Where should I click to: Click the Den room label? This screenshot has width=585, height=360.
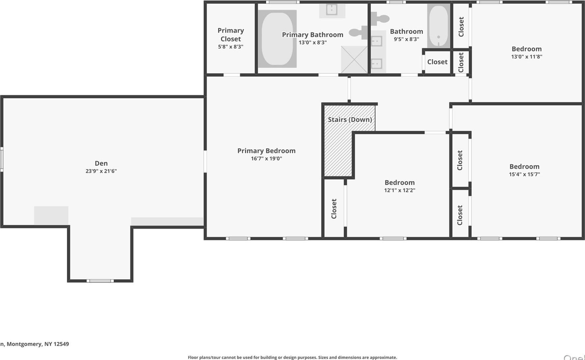pyautogui.click(x=101, y=163)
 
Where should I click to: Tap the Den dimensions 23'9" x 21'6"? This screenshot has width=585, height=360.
pyautogui.click(x=101, y=171)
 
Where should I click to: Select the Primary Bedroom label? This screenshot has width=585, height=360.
pyautogui.click(x=266, y=151)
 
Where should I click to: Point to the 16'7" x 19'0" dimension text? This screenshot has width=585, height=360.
pyautogui.click(x=266, y=158)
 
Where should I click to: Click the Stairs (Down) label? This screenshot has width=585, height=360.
pyautogui.click(x=349, y=120)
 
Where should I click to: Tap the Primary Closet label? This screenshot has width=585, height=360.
pyautogui.click(x=231, y=35)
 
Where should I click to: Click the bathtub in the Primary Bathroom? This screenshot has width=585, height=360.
pyautogui.click(x=277, y=39)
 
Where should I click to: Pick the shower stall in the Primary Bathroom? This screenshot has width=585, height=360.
pyautogui.click(x=354, y=60)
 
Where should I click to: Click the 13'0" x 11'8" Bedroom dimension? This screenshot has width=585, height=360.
pyautogui.click(x=526, y=57)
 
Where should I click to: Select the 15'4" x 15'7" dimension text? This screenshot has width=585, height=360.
pyautogui.click(x=524, y=174)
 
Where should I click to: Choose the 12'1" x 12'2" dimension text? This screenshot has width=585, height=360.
pyautogui.click(x=399, y=190)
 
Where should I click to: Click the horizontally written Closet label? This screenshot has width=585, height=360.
pyautogui.click(x=437, y=62)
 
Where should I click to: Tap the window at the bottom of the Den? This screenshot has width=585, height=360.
pyautogui.click(x=100, y=281)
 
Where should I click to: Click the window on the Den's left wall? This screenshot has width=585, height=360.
pyautogui.click(x=2, y=160)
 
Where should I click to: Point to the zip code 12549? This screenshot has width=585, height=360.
pyautogui.click(x=61, y=344)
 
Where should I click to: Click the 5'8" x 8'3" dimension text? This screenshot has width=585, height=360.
pyautogui.click(x=231, y=47)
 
